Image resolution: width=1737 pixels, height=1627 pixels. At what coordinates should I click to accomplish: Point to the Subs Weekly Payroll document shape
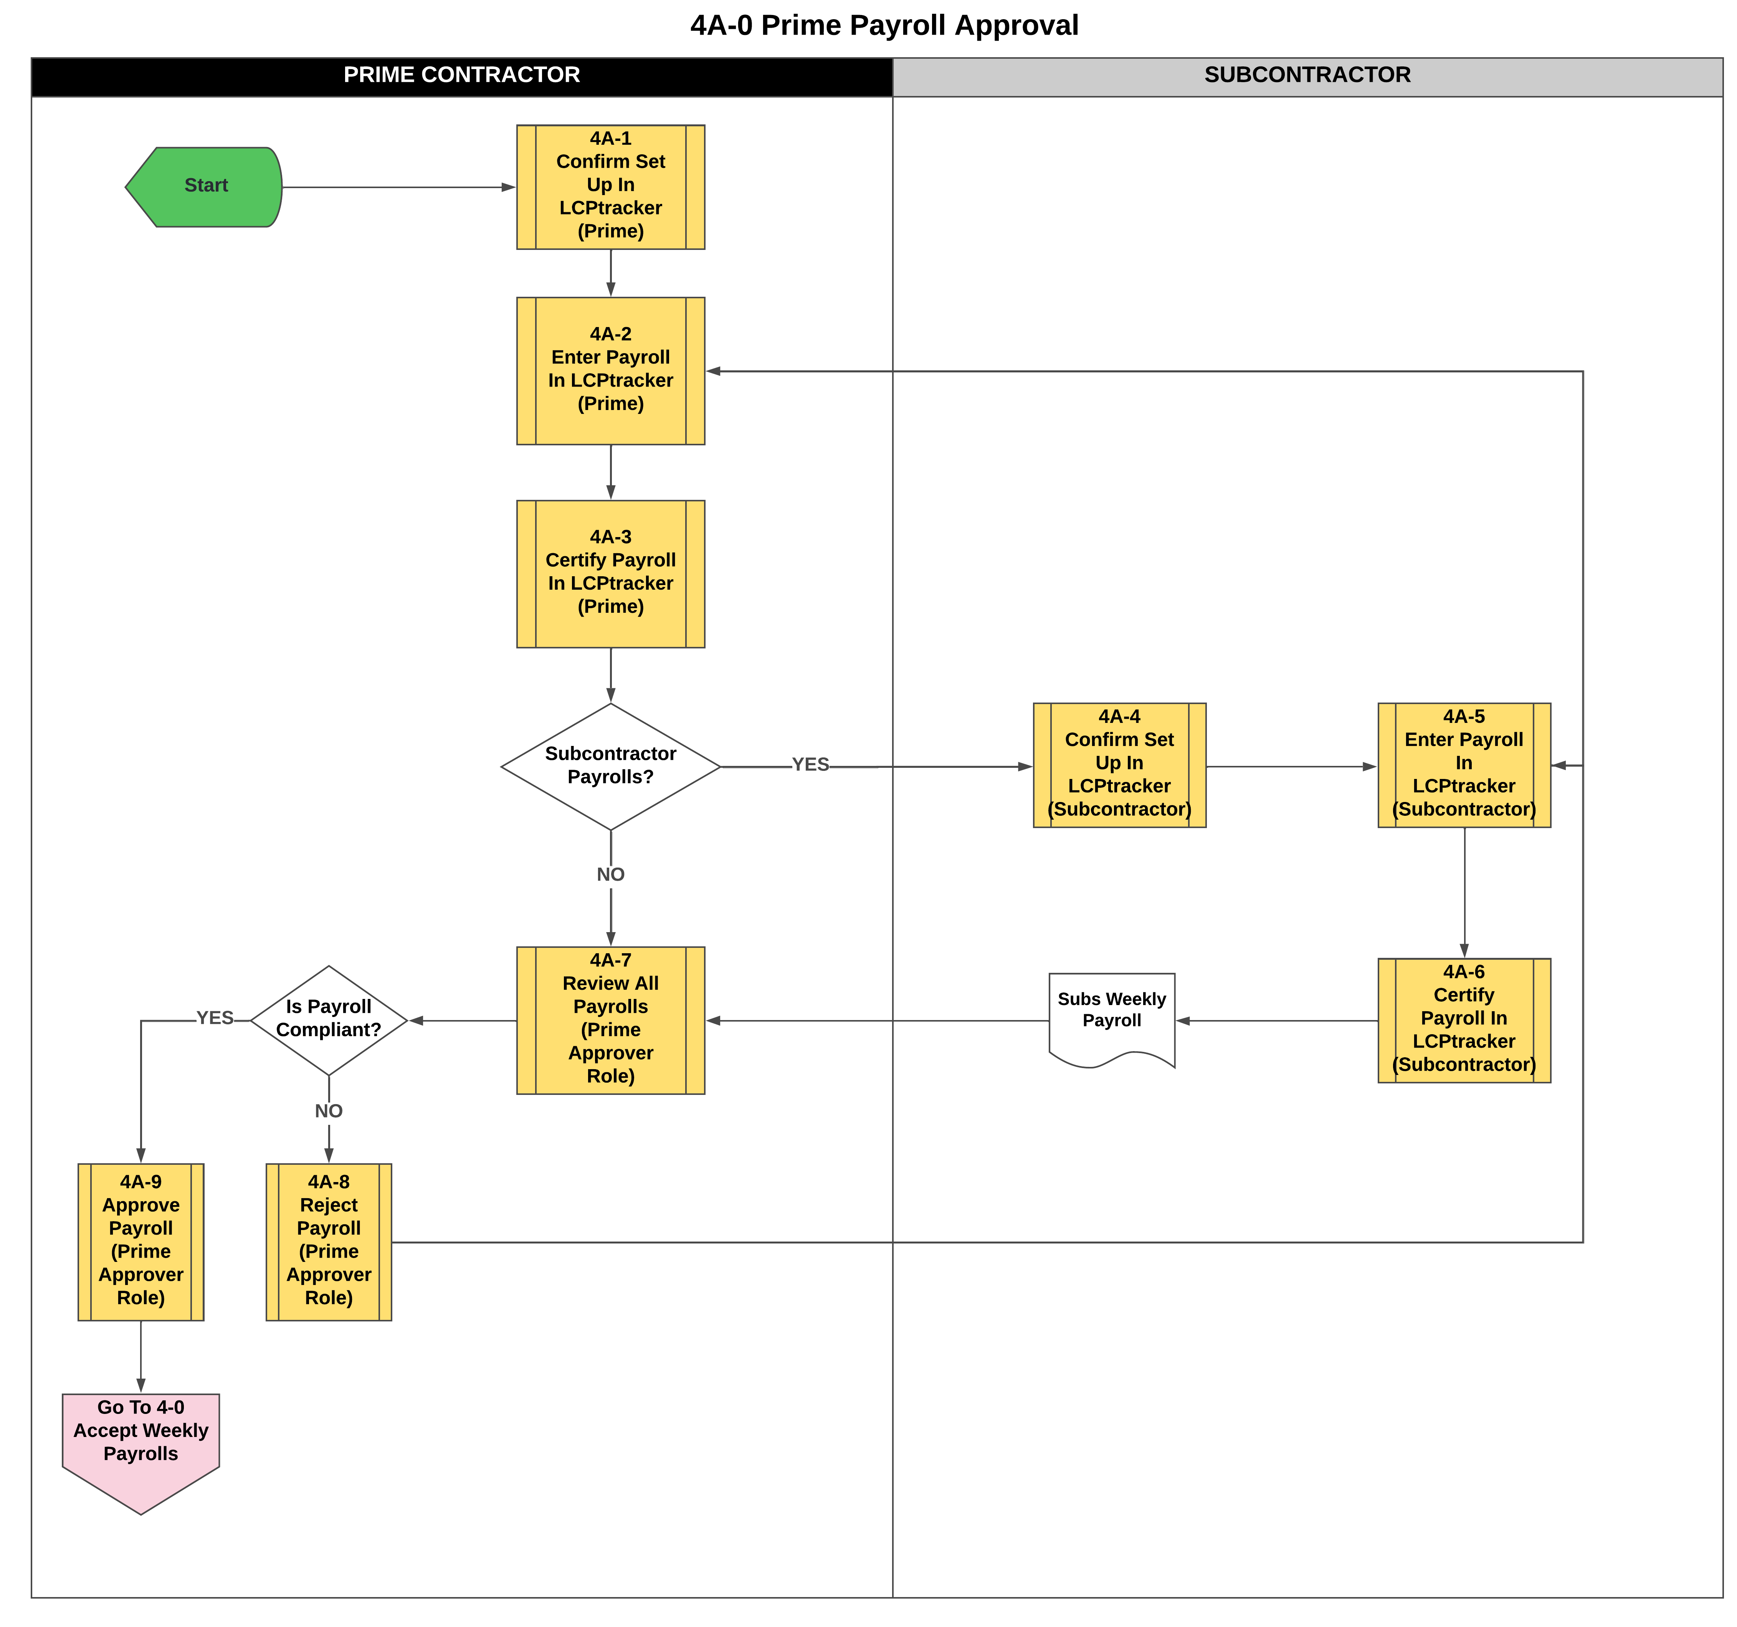[x=1111, y=1014]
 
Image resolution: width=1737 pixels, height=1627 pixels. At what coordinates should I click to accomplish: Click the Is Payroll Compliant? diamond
[x=329, y=1020]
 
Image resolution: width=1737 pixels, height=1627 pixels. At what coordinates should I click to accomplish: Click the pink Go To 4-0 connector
[x=140, y=1442]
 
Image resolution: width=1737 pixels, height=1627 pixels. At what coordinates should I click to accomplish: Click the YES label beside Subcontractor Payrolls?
[x=810, y=765]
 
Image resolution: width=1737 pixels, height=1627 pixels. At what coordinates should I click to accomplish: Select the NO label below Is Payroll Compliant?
[x=329, y=1111]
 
